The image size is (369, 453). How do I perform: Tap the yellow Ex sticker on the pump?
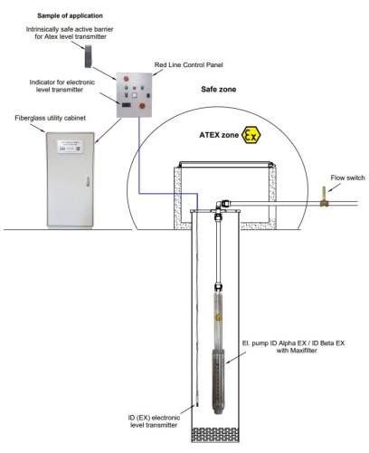[218, 317]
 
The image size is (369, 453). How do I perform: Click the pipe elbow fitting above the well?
[219, 206]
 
